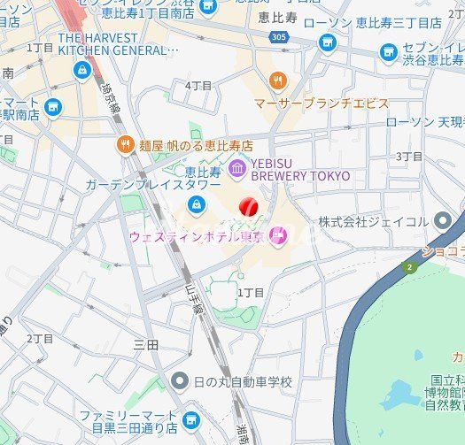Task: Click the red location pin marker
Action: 249,206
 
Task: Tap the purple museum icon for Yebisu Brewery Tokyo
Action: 237,168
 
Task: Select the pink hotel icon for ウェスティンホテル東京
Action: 278,235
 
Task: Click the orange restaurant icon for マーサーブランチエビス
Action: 278,81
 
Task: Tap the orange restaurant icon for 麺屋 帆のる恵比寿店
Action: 125,145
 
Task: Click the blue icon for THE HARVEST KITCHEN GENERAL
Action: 82,70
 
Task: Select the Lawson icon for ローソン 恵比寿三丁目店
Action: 328,42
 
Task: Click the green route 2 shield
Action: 409,266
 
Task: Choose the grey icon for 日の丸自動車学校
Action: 180,381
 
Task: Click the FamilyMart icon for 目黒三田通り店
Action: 190,420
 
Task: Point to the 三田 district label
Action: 145,344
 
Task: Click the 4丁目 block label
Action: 198,86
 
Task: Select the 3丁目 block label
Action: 408,156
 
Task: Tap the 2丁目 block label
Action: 40,338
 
